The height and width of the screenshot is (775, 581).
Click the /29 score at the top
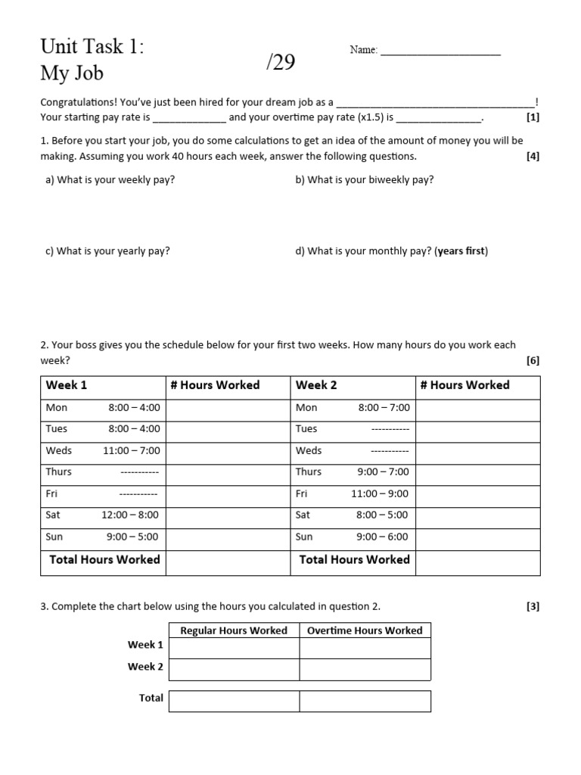coord(280,63)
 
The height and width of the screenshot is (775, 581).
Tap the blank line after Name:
coord(440,51)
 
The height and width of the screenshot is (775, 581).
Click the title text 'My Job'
coord(72,73)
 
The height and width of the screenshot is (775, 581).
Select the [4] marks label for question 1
coord(533,157)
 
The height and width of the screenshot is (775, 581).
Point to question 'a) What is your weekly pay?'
coord(110,180)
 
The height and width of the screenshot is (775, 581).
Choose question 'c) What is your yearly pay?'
coord(107,251)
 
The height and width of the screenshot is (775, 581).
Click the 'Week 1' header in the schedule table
coord(67,385)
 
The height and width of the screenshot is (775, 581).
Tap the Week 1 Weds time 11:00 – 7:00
coord(132,450)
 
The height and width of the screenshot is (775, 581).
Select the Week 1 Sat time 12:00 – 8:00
coord(131,515)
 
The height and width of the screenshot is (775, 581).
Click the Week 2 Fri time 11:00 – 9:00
coord(379,493)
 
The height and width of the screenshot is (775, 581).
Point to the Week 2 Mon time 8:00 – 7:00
coord(384,407)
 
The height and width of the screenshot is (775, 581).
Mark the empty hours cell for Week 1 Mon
coord(228,408)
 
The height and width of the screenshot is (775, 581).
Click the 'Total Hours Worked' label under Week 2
coord(354,560)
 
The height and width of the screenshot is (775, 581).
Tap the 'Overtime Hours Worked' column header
coord(365,630)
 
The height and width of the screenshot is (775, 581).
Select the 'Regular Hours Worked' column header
coord(234,630)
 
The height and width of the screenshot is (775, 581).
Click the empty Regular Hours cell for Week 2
coord(234,669)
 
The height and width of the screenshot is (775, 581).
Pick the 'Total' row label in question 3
coord(151,698)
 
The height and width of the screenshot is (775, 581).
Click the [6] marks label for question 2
coord(533,361)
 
